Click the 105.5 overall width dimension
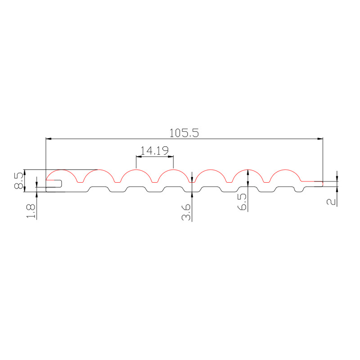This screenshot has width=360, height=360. coord(184,133)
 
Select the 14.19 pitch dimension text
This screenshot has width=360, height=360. coord(154,151)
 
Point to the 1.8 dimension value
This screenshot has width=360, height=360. coord(31,211)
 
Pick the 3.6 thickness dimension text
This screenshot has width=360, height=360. coord(186,212)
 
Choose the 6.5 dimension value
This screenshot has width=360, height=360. coord(242,202)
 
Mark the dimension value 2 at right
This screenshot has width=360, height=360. coord(331,202)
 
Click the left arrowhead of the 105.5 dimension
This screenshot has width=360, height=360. coord(49,139)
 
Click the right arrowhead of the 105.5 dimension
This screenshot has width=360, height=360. coord(320,139)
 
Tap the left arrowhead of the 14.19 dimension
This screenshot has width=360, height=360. coord(139,157)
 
